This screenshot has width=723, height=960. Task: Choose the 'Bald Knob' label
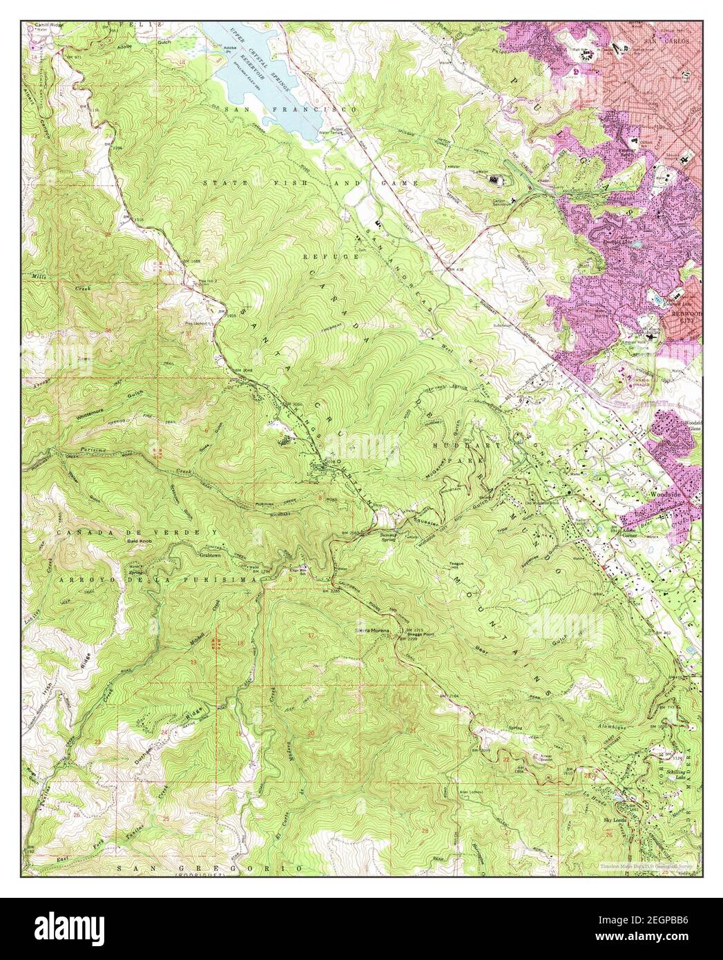coord(139,541)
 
